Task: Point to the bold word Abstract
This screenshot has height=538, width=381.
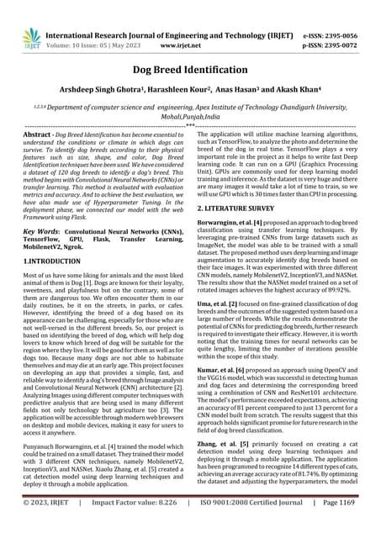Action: (36, 134)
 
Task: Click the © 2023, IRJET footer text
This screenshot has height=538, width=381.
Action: (42, 527)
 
